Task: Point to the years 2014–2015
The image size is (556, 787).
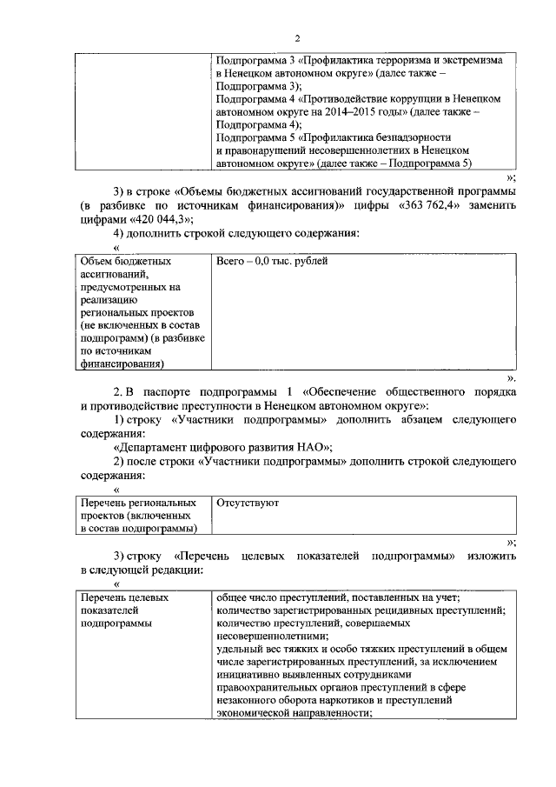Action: pos(376,113)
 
